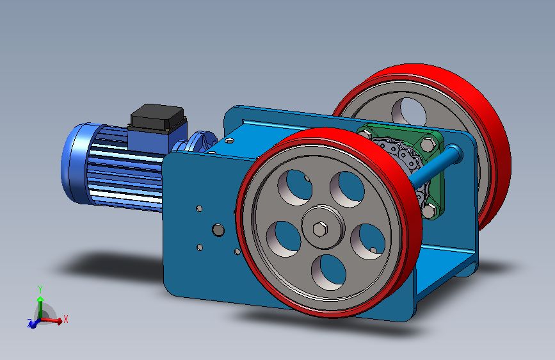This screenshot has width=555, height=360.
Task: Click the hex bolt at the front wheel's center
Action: point(320,229)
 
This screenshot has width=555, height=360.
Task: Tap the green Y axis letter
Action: point(40,290)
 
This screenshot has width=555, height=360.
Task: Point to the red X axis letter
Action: point(65,319)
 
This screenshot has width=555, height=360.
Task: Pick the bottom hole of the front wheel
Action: point(328,272)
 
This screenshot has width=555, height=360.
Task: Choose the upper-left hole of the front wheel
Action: point(295,188)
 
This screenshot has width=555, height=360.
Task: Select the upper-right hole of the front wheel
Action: point(347,189)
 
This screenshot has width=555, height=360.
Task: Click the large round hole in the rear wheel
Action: point(409,112)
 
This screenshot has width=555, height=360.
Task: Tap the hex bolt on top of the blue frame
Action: point(229,141)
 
